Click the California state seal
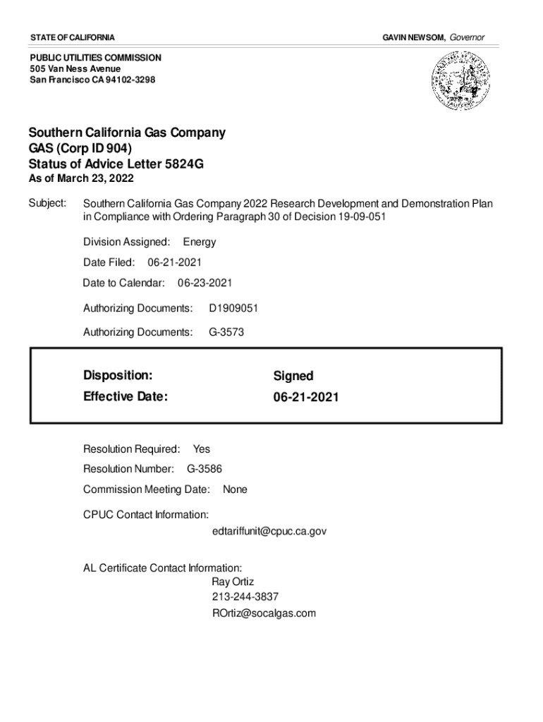click(458, 80)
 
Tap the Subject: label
click(47, 204)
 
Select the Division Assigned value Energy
click(200, 242)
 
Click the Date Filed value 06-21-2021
click(175, 262)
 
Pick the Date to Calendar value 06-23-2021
click(205, 283)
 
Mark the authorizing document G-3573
click(226, 331)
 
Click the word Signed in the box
click(293, 377)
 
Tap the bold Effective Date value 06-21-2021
click(306, 398)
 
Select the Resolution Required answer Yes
click(201, 449)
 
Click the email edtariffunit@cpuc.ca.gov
click(269, 531)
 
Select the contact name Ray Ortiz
click(233, 582)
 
